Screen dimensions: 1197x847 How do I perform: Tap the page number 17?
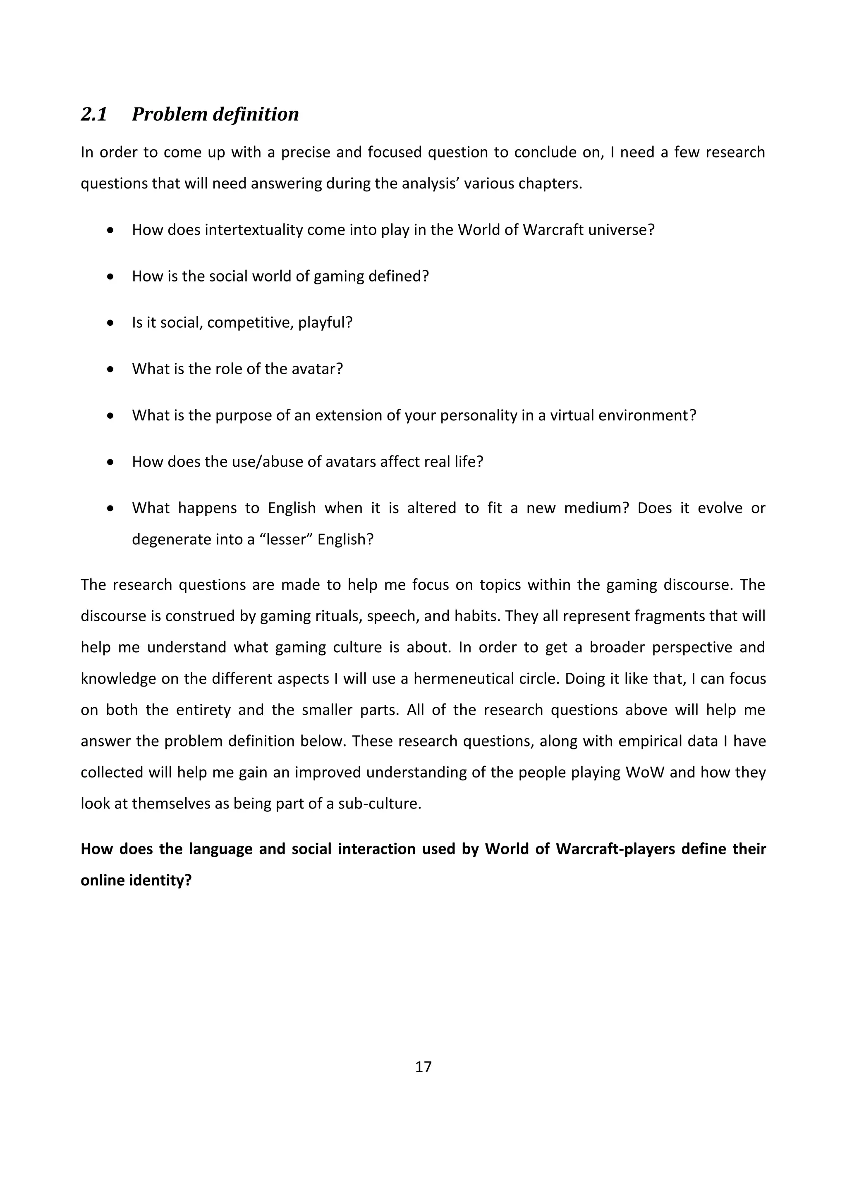click(x=423, y=1067)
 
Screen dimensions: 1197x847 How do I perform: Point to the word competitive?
click(x=250, y=323)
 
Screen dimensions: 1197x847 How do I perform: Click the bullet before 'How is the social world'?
click(x=110, y=277)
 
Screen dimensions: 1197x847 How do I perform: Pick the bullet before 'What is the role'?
click(x=110, y=370)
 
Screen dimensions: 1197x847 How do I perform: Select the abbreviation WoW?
click(x=645, y=772)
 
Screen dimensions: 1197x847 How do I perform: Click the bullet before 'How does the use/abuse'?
click(x=110, y=463)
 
